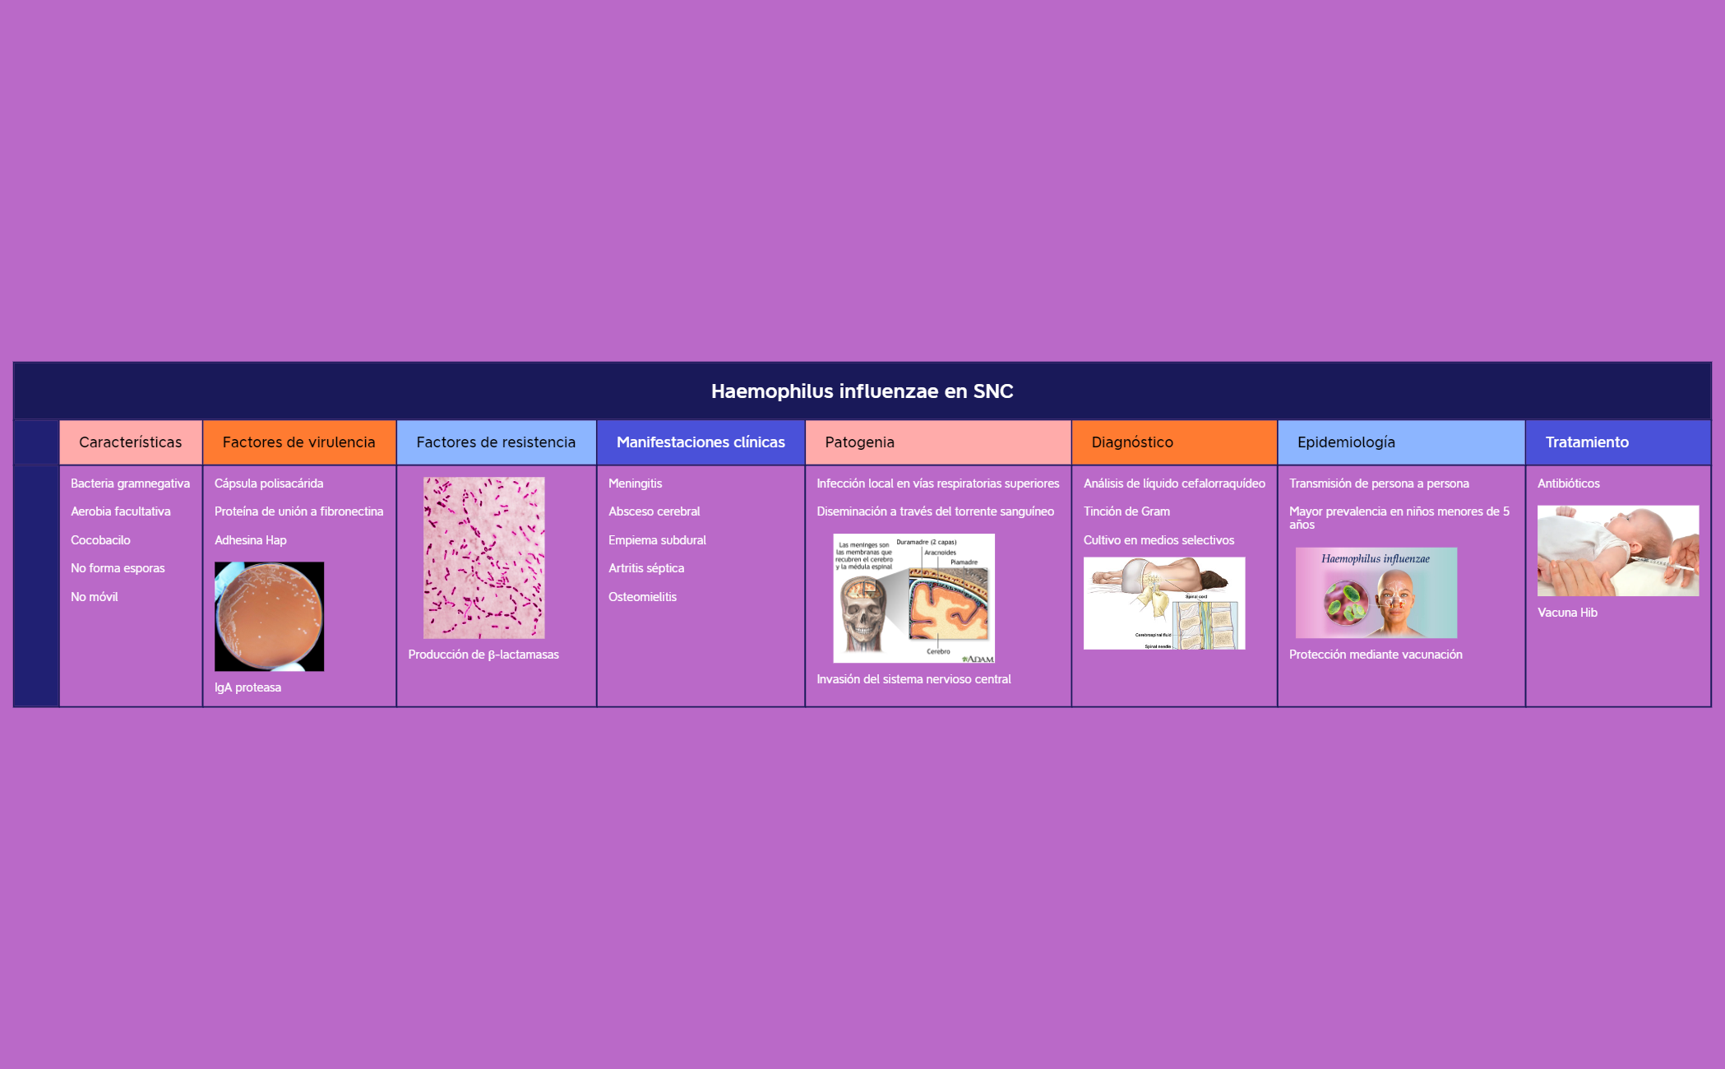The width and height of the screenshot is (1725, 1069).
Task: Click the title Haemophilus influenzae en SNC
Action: [862, 391]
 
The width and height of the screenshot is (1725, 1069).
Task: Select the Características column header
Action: [130, 442]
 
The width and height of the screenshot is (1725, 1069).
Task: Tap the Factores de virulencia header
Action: [298, 442]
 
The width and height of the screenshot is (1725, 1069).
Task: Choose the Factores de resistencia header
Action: [496, 442]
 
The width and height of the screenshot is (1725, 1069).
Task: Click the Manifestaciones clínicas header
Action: [701, 442]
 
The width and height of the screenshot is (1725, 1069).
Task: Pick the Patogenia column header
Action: [859, 442]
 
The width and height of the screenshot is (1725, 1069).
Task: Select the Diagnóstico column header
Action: [1132, 442]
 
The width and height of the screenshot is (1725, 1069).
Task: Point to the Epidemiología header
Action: [1346, 442]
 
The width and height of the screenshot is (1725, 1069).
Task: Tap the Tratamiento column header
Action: [1587, 442]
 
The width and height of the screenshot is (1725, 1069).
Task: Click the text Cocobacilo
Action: [100, 540]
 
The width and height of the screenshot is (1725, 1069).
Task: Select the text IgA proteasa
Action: [247, 687]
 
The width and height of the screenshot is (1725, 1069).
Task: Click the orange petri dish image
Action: [269, 617]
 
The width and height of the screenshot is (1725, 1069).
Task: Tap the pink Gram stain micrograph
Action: [483, 558]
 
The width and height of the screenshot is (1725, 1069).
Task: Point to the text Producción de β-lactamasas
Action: [483, 655]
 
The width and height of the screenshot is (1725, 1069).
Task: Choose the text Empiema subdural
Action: [657, 540]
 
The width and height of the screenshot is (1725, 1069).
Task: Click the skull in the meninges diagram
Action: [862, 613]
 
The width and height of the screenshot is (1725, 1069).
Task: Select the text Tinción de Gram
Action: [1126, 511]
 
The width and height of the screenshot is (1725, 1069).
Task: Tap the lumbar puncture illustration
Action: [1163, 604]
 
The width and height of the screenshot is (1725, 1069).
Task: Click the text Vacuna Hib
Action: [1567, 613]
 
